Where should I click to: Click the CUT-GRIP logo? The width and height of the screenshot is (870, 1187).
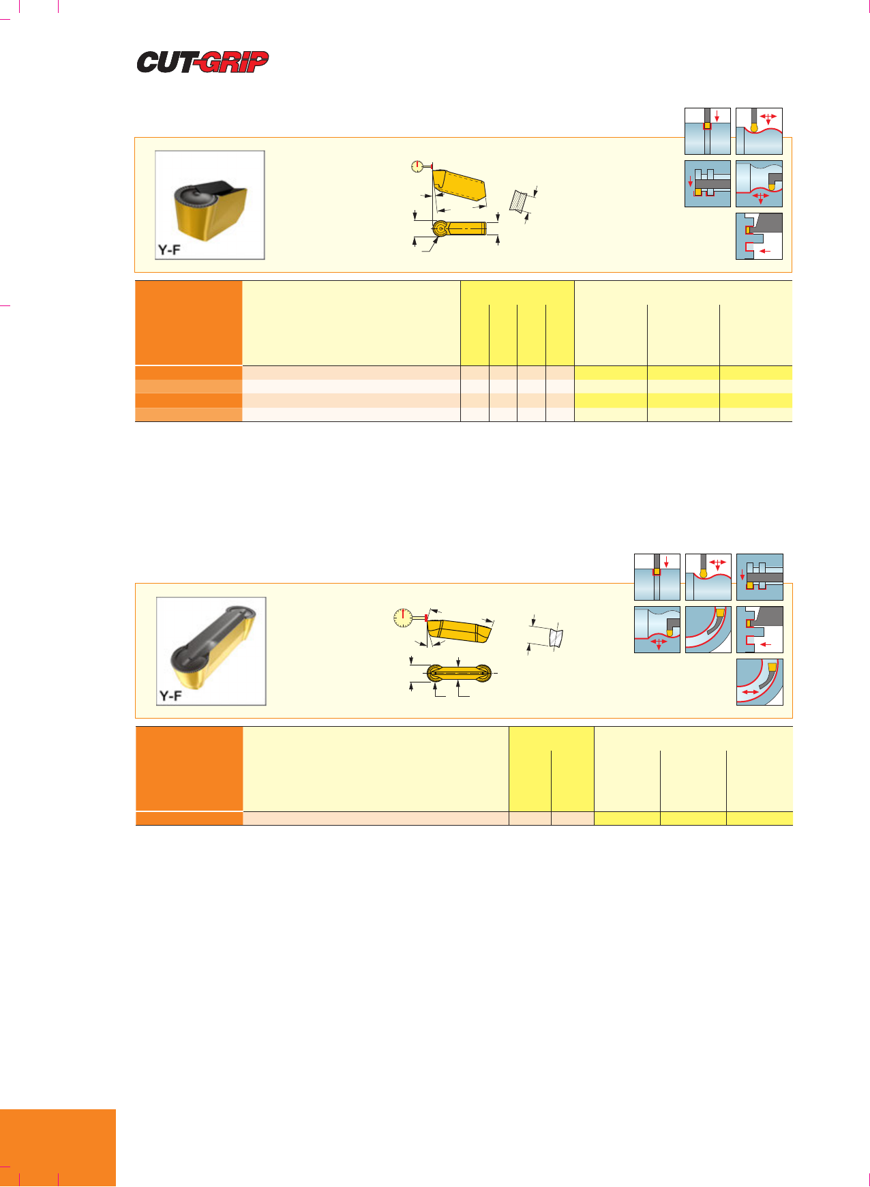coord(202,62)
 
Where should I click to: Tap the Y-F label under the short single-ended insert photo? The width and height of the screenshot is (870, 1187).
coord(169,250)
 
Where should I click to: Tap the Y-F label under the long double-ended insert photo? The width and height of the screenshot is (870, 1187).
coord(170,696)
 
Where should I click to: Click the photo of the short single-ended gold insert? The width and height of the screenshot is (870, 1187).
coord(210,205)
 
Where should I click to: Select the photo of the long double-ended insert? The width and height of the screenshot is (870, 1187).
coord(211,651)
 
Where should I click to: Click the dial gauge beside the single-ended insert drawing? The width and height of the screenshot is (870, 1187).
coord(417,166)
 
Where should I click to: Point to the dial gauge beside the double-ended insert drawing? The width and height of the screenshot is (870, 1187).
coord(403,618)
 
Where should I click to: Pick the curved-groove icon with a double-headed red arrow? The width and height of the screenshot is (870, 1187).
coord(760,682)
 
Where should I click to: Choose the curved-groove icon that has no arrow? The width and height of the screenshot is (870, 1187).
coord(708,629)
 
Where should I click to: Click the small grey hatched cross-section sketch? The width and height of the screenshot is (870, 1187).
coord(520,201)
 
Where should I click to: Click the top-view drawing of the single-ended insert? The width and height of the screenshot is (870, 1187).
coord(459,228)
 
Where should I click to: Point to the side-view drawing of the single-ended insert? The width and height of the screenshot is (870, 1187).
coord(460,185)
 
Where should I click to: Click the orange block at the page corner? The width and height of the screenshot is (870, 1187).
coord(58,1148)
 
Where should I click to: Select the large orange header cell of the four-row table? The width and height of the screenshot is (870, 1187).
coord(189,323)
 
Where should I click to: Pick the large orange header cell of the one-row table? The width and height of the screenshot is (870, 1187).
coord(190,769)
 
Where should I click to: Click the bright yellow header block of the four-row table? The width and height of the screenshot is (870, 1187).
coord(517,323)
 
